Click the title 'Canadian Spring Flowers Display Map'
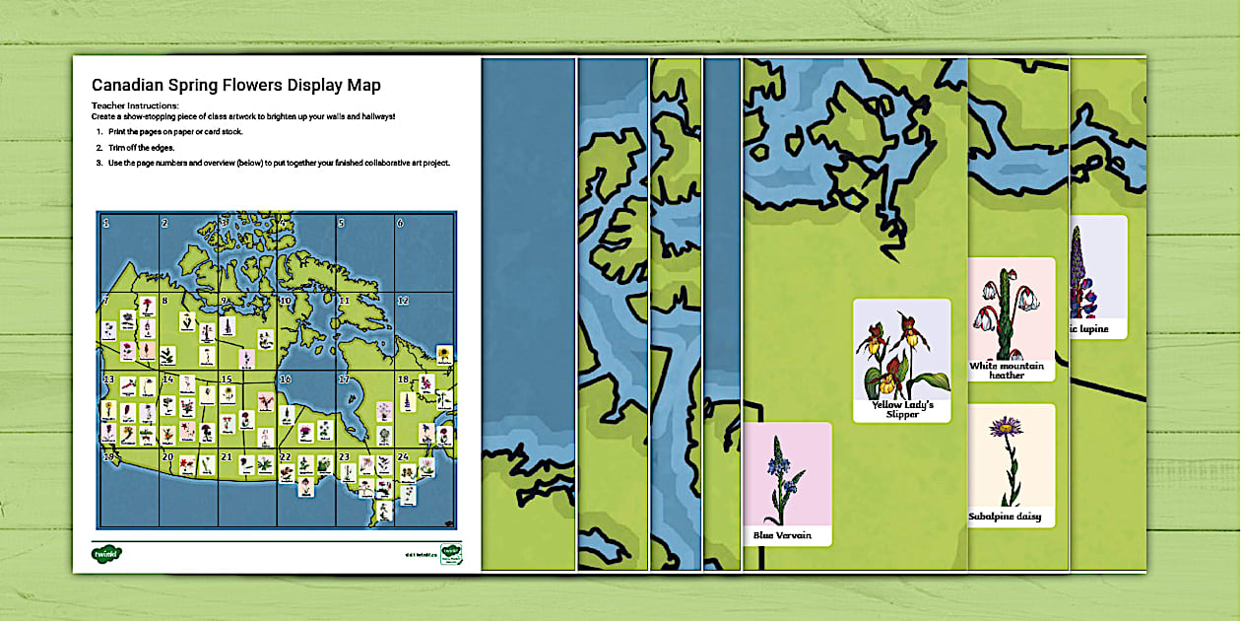click(x=235, y=86)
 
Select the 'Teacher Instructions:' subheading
click(x=135, y=104)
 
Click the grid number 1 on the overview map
click(x=106, y=224)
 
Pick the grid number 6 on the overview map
click(x=400, y=223)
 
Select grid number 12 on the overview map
click(x=403, y=300)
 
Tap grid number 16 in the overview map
click(x=286, y=379)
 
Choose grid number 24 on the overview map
click(x=403, y=457)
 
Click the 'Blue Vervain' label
click(x=777, y=535)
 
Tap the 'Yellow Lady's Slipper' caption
click(x=901, y=409)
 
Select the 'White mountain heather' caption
click(x=1011, y=370)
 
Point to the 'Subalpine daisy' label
click(x=1010, y=517)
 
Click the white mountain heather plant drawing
click(x=1008, y=310)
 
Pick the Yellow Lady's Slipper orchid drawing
click(x=898, y=355)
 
